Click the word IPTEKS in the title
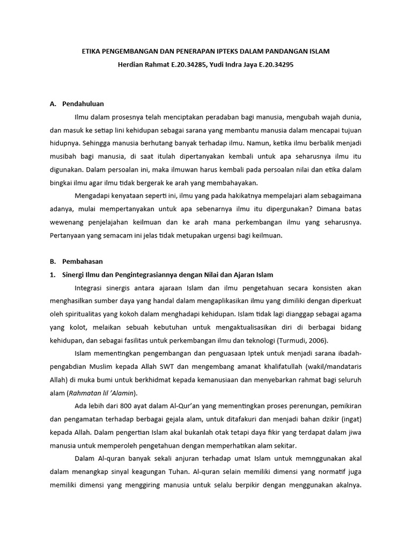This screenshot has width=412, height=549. [x=220, y=51]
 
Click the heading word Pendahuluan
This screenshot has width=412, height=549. [x=83, y=103]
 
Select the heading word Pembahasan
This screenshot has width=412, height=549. [x=83, y=261]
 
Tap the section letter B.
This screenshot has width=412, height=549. [x=52, y=261]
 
